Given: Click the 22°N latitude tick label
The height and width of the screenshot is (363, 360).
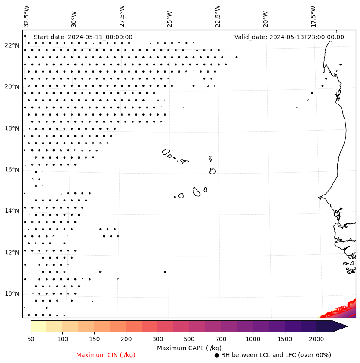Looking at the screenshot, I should pos(12,46).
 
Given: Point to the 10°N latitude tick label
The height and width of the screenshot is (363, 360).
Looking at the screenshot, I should pos(12,294).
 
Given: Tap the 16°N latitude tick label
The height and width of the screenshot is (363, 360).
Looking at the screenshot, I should pos(12,170).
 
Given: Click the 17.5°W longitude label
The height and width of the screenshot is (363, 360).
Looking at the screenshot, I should pos(313,16).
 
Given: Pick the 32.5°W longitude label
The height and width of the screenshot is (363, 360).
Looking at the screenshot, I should pos(27,16).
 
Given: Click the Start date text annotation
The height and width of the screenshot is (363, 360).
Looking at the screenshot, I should pos(83,37).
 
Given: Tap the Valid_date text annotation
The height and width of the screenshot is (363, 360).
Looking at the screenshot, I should pos(289,37).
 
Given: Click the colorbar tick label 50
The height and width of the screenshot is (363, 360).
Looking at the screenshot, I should pos(31,339).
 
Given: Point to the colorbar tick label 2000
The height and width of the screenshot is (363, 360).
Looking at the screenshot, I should pos(316,339).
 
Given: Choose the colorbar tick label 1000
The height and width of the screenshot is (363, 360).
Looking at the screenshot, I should pos(253,339).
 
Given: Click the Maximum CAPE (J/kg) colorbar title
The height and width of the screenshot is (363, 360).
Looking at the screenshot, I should pos(189,348).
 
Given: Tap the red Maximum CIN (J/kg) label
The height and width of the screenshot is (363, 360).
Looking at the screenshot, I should pos(106,355).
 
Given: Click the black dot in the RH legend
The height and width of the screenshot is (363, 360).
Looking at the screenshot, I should pos(216,355).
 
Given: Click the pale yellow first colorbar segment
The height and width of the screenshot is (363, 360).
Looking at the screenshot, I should pos(38,326).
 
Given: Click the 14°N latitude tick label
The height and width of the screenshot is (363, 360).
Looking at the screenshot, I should pos(12,211).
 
